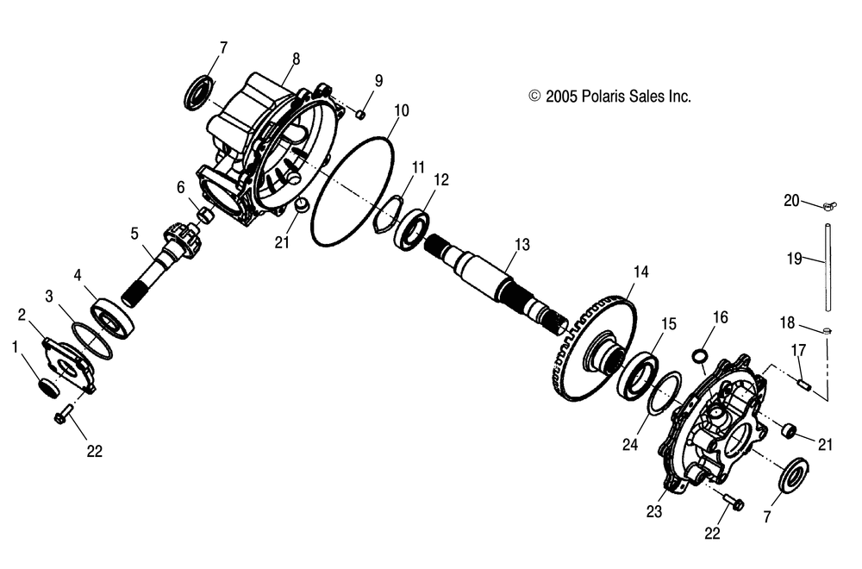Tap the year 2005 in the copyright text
(561, 97)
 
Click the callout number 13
(522, 244)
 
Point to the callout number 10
(402, 110)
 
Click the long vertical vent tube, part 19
(828, 266)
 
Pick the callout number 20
(791, 201)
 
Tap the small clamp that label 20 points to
(829, 207)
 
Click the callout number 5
(134, 233)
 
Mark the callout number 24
(630, 444)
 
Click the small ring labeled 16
(700, 356)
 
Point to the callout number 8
(296, 59)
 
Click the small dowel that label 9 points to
(360, 114)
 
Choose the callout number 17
(798, 350)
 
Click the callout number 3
(49, 297)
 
